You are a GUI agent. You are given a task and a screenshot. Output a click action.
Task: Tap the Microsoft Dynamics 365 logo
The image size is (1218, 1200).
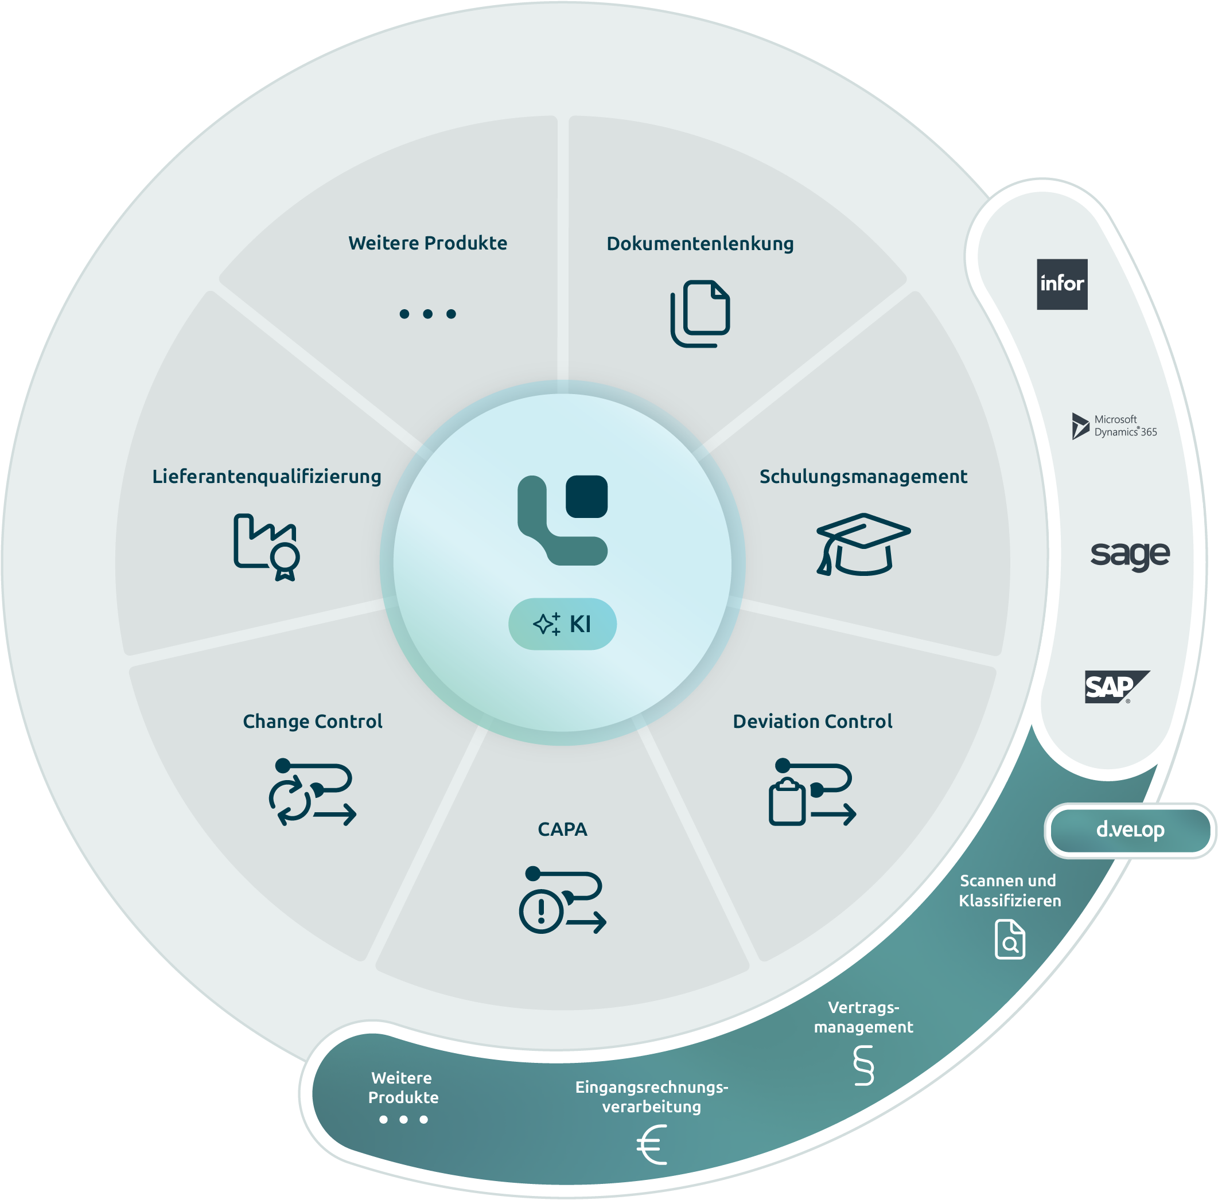point(1114,426)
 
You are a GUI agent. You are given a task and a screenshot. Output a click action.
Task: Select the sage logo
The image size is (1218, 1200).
point(1130,555)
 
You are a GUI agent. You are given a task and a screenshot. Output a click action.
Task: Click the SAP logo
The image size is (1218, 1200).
point(1116,687)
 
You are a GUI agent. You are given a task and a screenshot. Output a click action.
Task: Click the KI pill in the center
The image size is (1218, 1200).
point(562,624)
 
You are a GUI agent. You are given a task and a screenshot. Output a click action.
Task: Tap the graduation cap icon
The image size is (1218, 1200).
point(863,544)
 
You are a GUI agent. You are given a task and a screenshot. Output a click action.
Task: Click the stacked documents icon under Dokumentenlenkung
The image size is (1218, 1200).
point(700,314)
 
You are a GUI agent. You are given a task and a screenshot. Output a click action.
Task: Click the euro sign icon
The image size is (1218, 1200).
point(651,1145)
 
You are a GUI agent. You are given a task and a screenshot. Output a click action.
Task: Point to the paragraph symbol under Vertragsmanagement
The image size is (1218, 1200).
point(863,1065)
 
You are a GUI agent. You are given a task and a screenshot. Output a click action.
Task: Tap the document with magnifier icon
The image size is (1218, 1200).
point(1010,939)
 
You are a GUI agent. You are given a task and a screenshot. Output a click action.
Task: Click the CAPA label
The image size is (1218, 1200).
point(562,829)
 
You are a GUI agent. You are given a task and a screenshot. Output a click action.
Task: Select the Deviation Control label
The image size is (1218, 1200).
point(812,721)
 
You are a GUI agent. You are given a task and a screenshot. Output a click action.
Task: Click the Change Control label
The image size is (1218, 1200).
point(313,721)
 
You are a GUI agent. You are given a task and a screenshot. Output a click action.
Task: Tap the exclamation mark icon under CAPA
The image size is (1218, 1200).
point(540,911)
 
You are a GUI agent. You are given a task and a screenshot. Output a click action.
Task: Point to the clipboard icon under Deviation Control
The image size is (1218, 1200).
point(787,802)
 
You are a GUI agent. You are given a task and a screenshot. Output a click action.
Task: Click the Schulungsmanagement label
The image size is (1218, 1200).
point(863,477)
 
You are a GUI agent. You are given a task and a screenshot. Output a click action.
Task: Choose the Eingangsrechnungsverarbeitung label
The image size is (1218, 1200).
point(651,1097)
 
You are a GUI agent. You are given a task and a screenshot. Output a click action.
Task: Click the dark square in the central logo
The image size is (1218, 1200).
point(586,497)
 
